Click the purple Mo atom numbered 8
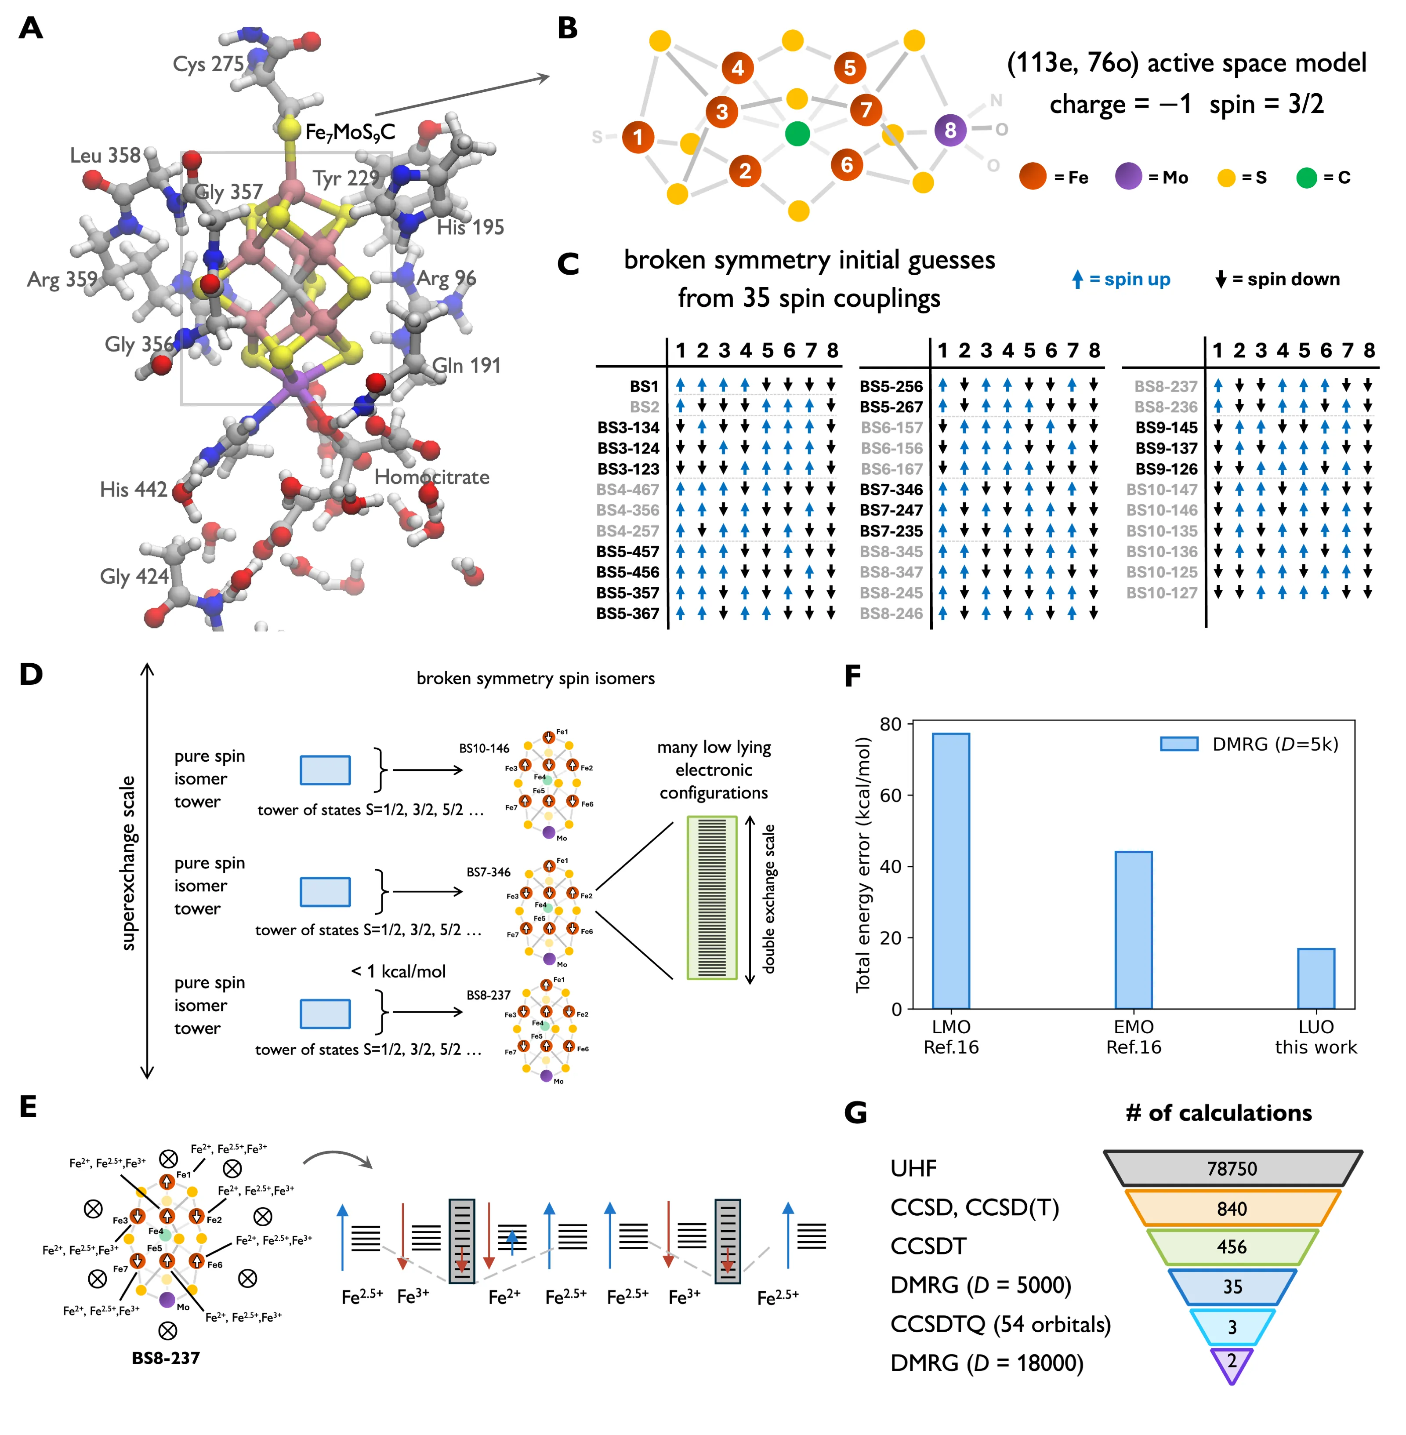(x=949, y=130)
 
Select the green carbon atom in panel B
(x=797, y=134)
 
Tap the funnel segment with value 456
(x=1232, y=1247)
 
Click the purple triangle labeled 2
(x=1231, y=1361)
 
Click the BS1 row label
(x=644, y=386)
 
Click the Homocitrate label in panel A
(x=431, y=477)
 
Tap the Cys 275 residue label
(x=208, y=64)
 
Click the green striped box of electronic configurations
(x=712, y=897)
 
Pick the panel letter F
(x=853, y=675)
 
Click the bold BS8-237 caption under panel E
(x=165, y=1358)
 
